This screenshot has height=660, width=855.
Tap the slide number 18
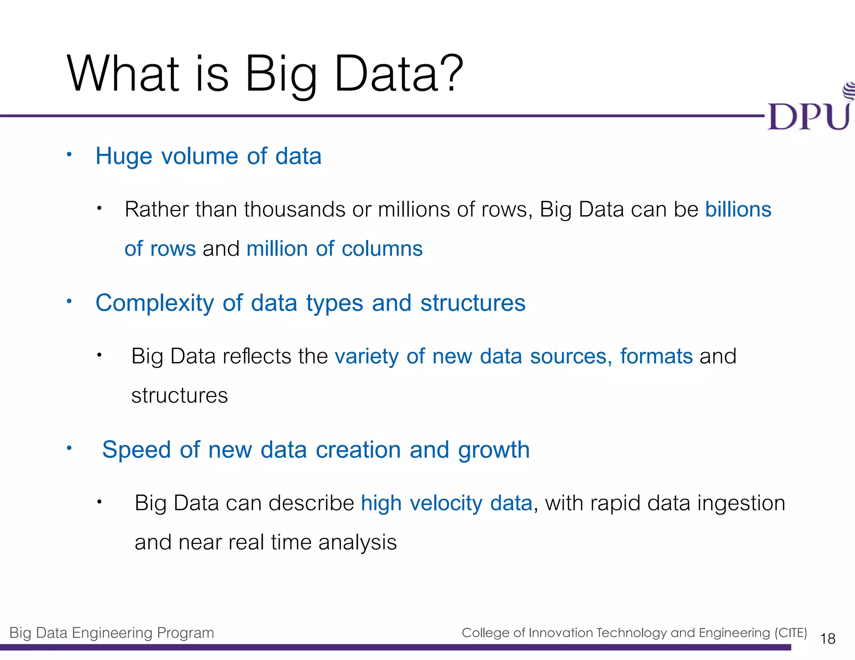pos(827,639)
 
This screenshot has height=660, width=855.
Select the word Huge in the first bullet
pos(124,157)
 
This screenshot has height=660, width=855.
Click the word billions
pos(738,209)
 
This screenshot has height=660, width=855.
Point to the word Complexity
pos(154,303)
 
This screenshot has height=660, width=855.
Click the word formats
pos(656,356)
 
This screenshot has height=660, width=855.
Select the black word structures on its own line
pos(180,395)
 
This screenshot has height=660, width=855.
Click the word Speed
pos(137,451)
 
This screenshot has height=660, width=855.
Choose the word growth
pos(493,451)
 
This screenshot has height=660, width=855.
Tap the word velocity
pos(446,504)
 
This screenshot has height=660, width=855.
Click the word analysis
pos(357,543)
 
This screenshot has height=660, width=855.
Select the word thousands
pos(294,209)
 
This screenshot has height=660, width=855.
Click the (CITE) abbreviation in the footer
pos(790,633)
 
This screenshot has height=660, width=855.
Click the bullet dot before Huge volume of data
pos(69,155)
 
